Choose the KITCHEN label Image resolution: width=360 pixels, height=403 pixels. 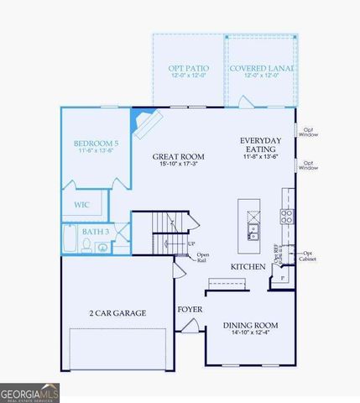pyautogui.click(x=248, y=267)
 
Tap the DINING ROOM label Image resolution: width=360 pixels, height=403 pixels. pyautogui.click(x=250, y=325)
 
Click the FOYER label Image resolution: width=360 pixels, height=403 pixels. pyautogui.click(x=189, y=310)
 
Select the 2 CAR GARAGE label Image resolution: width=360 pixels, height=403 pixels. pyautogui.click(x=117, y=313)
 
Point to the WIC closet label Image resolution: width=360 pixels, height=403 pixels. pyautogui.click(x=81, y=204)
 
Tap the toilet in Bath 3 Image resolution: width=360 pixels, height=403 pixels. pyautogui.click(x=86, y=245)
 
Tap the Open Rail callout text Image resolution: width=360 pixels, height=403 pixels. pyautogui.click(x=202, y=257)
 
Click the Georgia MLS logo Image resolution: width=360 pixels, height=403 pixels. pyautogui.click(x=29, y=392)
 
